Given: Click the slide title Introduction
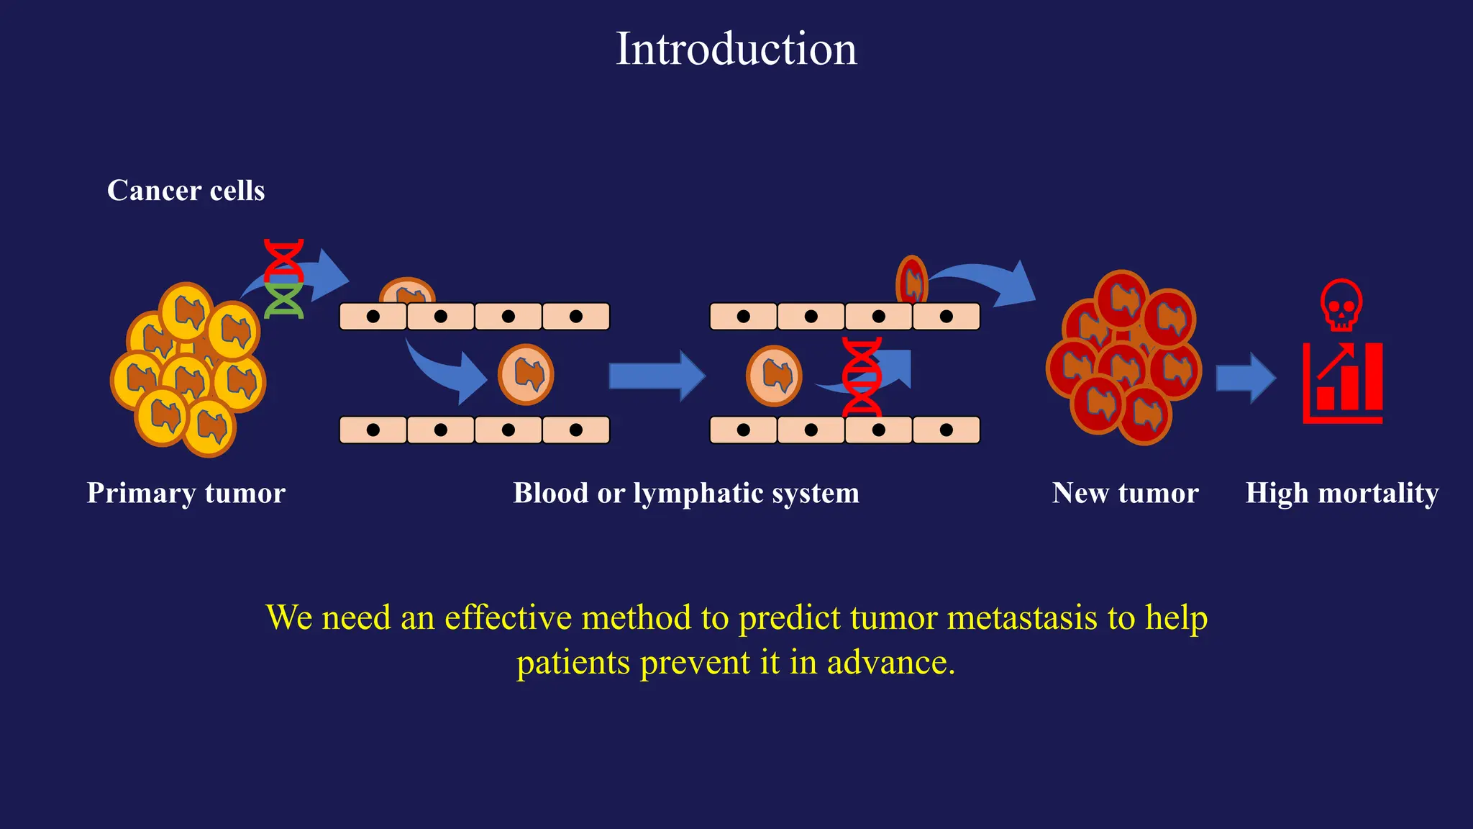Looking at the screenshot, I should point(736,49).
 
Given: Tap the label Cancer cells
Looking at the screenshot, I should point(186,191).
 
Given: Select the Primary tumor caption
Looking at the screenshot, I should point(186,493).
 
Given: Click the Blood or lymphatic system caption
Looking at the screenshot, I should point(685,493).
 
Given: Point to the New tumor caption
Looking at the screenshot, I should point(1125,493).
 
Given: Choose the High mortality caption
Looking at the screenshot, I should point(1342,493).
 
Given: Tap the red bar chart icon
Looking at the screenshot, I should point(1343,383).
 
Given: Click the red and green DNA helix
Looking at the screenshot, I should point(284,278).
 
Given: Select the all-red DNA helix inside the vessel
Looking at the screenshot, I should point(862,377).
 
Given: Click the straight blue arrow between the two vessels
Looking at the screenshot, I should point(657,376).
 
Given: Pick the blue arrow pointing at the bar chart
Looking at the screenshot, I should point(1245,378).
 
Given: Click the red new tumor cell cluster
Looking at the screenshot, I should point(1123,358).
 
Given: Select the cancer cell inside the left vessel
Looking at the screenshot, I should point(526,374).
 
